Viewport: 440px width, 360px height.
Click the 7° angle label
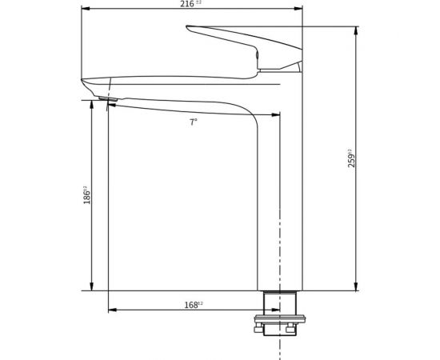[194, 122]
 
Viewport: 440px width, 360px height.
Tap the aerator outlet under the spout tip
[111, 99]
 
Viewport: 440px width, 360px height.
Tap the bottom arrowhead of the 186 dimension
[94, 287]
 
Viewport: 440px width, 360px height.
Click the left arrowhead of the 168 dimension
[110, 310]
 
